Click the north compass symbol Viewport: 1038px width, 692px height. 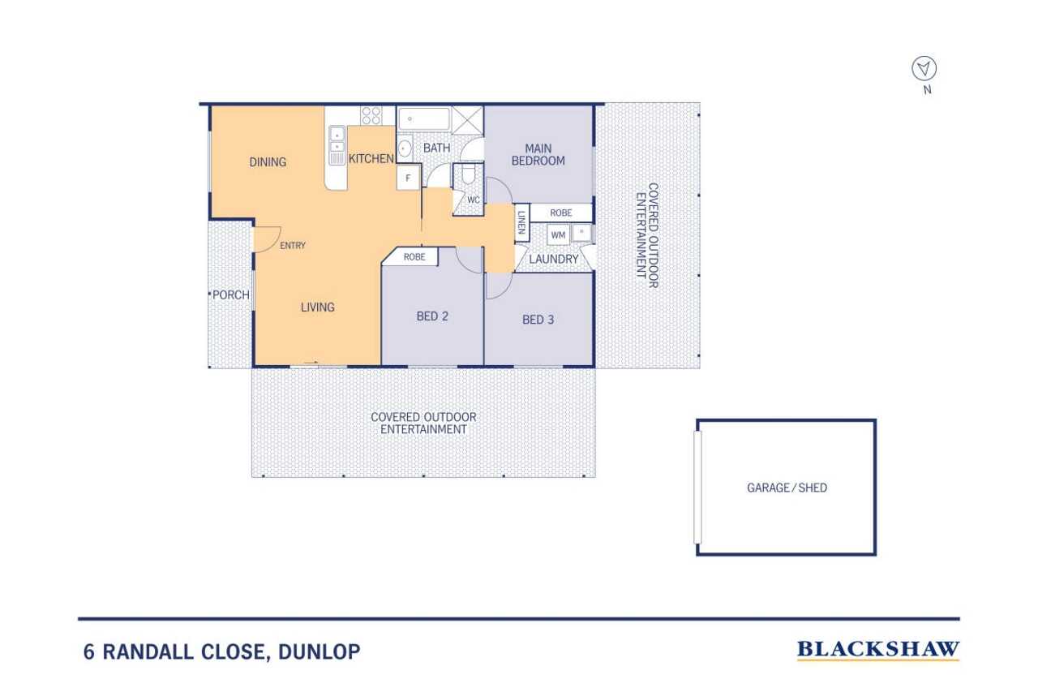pyautogui.click(x=924, y=69)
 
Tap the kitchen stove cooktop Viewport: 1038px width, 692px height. pyautogui.click(x=371, y=115)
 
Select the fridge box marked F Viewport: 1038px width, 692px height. pyautogui.click(x=408, y=178)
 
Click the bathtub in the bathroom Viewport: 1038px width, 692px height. pyautogui.click(x=424, y=118)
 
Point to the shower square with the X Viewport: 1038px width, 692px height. pyautogui.click(x=467, y=118)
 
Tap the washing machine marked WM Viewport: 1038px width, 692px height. pyautogui.click(x=558, y=234)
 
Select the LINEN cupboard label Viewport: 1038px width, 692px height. pyautogui.click(x=521, y=222)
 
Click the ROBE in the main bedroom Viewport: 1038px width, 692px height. pyautogui.click(x=561, y=213)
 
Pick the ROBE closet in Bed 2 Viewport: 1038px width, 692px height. pyautogui.click(x=414, y=256)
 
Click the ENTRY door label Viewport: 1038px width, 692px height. pyautogui.click(x=293, y=245)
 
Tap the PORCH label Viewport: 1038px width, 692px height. pyautogui.click(x=231, y=294)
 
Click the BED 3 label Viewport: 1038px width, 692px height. pyautogui.click(x=538, y=320)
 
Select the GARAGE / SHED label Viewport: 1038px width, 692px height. pyautogui.click(x=787, y=488)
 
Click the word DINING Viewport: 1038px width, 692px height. pyautogui.click(x=268, y=162)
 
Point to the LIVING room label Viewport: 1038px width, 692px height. pyautogui.click(x=317, y=307)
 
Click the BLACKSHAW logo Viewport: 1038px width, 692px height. pyautogui.click(x=877, y=649)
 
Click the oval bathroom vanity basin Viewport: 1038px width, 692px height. pyautogui.click(x=405, y=148)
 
